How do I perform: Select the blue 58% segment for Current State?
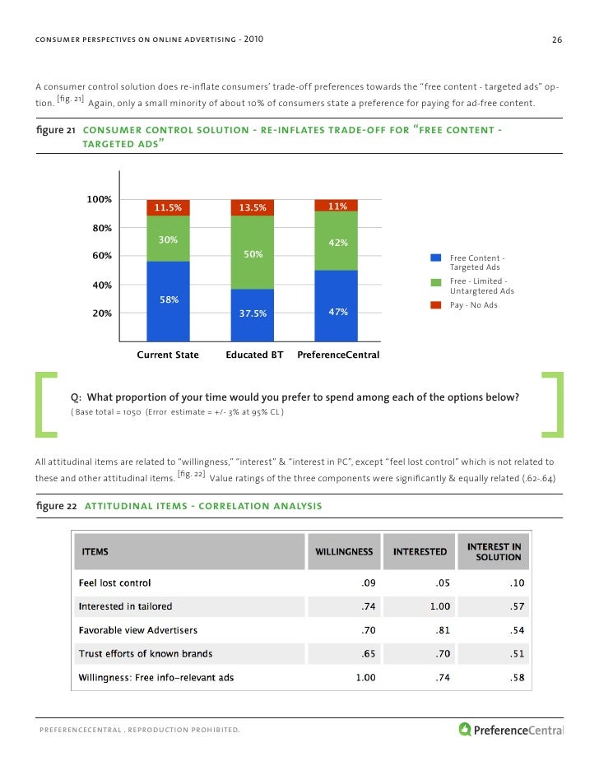pyautogui.click(x=168, y=301)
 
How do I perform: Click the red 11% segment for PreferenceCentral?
pyautogui.click(x=337, y=206)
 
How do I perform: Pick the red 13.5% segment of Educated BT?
pyautogui.click(x=253, y=207)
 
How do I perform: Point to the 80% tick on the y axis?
pyautogui.click(x=102, y=228)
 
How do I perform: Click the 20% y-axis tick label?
pyautogui.click(x=102, y=313)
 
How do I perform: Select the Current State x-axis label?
pyautogui.click(x=168, y=355)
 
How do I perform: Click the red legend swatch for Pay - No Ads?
pyautogui.click(x=436, y=305)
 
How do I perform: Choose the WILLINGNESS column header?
pyautogui.click(x=343, y=551)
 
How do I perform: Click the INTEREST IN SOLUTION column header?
pyautogui.click(x=494, y=551)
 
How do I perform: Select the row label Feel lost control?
pyautogui.click(x=114, y=582)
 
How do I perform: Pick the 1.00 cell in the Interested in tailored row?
pyautogui.click(x=436, y=607)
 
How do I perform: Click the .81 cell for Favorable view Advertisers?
pyautogui.click(x=442, y=630)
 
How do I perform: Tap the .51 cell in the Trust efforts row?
pyautogui.click(x=516, y=654)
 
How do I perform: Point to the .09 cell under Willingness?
pyautogui.click(x=368, y=583)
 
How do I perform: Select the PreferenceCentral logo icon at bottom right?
pyautogui.click(x=466, y=728)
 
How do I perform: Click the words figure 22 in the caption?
pyautogui.click(x=57, y=505)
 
